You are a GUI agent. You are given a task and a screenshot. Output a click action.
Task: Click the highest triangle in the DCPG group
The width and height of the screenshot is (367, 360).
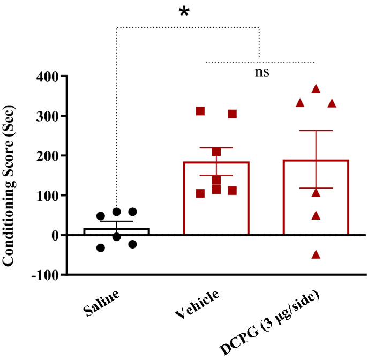316,89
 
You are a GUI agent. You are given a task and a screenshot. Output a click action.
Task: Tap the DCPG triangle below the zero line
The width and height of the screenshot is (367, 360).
316,255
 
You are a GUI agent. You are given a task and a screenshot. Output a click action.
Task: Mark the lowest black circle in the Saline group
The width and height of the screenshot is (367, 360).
101,247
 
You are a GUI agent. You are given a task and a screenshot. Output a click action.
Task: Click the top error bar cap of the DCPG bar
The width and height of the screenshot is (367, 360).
316,131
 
